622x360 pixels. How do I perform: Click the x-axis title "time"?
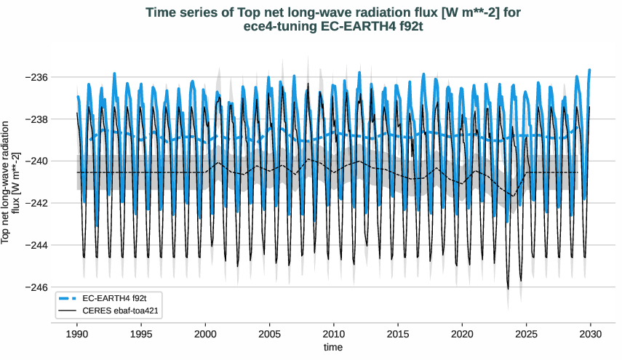[332, 348]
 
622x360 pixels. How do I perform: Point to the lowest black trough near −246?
[508, 289]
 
